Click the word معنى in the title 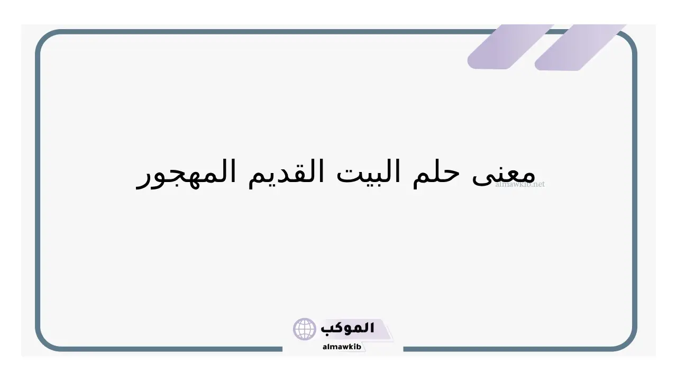point(504,175)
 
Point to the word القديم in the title point(286,174)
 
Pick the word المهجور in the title point(186,175)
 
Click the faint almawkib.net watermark point(520,184)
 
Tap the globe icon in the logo point(304,329)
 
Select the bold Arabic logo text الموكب point(347,328)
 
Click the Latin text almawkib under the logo point(342,347)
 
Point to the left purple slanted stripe point(510,47)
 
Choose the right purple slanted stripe point(580,48)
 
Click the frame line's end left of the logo point(282,349)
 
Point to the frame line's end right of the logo point(404,349)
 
